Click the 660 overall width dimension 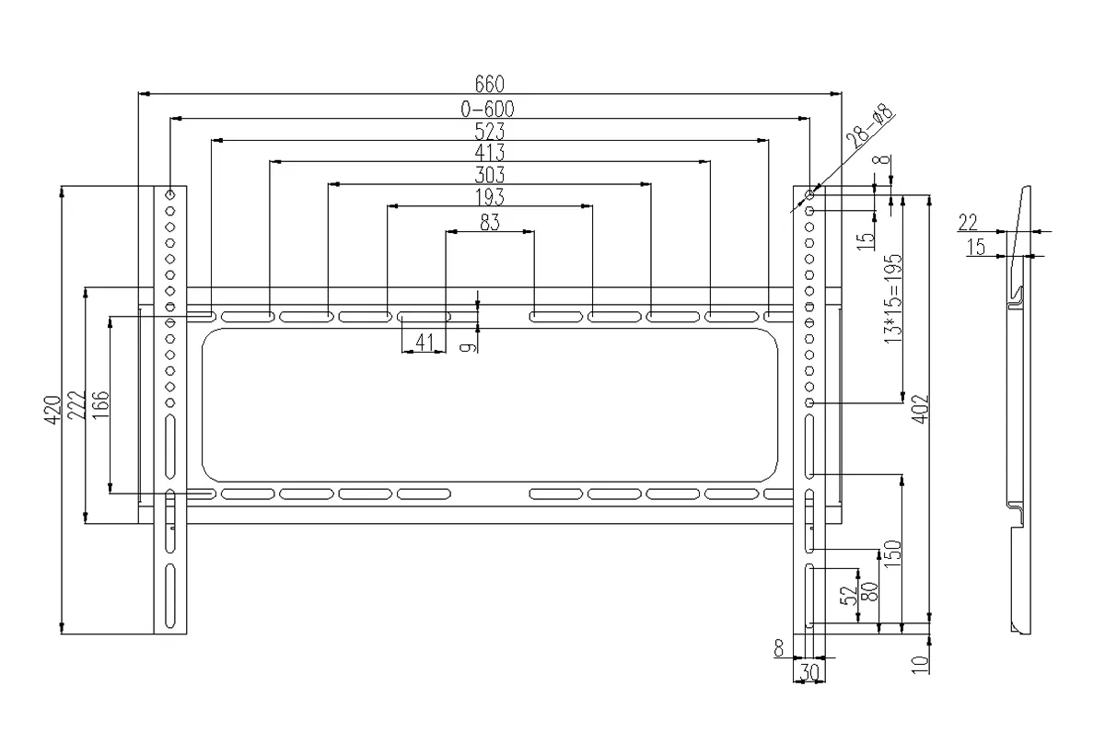489,84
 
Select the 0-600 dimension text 487,109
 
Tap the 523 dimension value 489,131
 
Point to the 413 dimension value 489,152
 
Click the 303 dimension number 489,175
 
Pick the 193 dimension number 489,197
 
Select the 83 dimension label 489,222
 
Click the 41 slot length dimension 425,342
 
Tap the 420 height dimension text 52,410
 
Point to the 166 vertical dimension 100,405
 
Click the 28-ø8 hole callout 870,126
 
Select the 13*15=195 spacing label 893,299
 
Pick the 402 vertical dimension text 920,409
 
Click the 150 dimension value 892,553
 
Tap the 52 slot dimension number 847,595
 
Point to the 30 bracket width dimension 809,671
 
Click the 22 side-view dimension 968,223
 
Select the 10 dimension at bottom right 921,664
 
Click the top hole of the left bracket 169,195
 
